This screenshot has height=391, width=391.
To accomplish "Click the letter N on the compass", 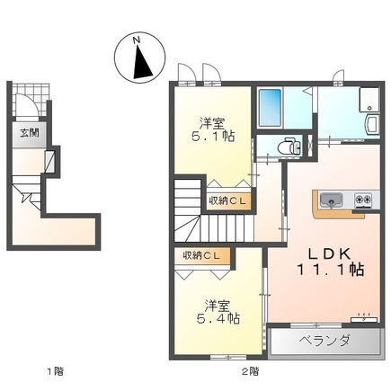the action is pos(137,40).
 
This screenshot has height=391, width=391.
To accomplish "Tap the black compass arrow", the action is pos(143,62).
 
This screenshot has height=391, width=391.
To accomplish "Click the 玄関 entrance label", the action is pos(30,133).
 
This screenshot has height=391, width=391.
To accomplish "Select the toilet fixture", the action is pos(289,147).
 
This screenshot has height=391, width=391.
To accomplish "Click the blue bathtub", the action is pos(270,108).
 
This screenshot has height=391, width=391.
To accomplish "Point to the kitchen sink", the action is pos(332,200).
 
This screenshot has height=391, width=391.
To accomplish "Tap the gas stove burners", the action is pos(363,199).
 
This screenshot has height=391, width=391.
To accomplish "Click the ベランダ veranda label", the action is pos(324,341).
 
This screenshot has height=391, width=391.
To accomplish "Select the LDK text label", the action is pos(330,254).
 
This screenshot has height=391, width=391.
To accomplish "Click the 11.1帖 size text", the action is pos(330,270).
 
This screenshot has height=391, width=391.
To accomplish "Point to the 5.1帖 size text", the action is pos(213,137).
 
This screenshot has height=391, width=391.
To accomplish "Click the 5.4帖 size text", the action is pos(218,318).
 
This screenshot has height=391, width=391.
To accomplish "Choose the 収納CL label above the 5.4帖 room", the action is pos(201,255).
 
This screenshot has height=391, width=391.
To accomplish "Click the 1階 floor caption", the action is pos(56,372).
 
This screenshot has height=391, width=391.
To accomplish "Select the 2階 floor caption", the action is pos(250,372).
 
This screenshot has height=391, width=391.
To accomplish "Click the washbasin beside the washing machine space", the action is pos(372,124).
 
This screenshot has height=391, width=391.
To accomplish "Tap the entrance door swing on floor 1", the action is pos(26,105).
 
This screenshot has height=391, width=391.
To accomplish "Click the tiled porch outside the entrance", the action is pos(31,100).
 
